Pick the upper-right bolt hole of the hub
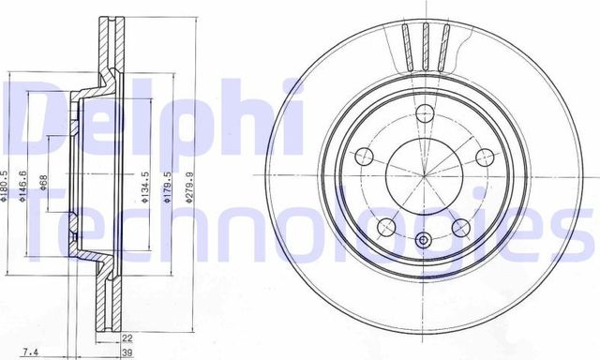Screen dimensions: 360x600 coord(483,157)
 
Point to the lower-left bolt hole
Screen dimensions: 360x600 coord(385,227)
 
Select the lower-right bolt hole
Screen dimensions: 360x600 coord(460,227)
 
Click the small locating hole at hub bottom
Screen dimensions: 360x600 coord(423,241)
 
